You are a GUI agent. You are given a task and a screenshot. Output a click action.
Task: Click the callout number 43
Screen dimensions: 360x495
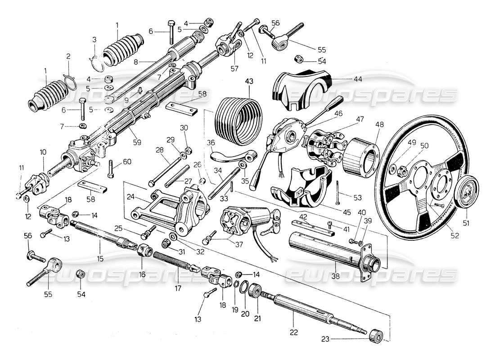249,81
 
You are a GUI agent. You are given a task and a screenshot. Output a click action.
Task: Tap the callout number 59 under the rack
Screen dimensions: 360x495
137,142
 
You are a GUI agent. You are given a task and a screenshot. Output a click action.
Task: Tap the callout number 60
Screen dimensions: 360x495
127,162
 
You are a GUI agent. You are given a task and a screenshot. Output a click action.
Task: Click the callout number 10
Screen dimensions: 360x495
43,153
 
